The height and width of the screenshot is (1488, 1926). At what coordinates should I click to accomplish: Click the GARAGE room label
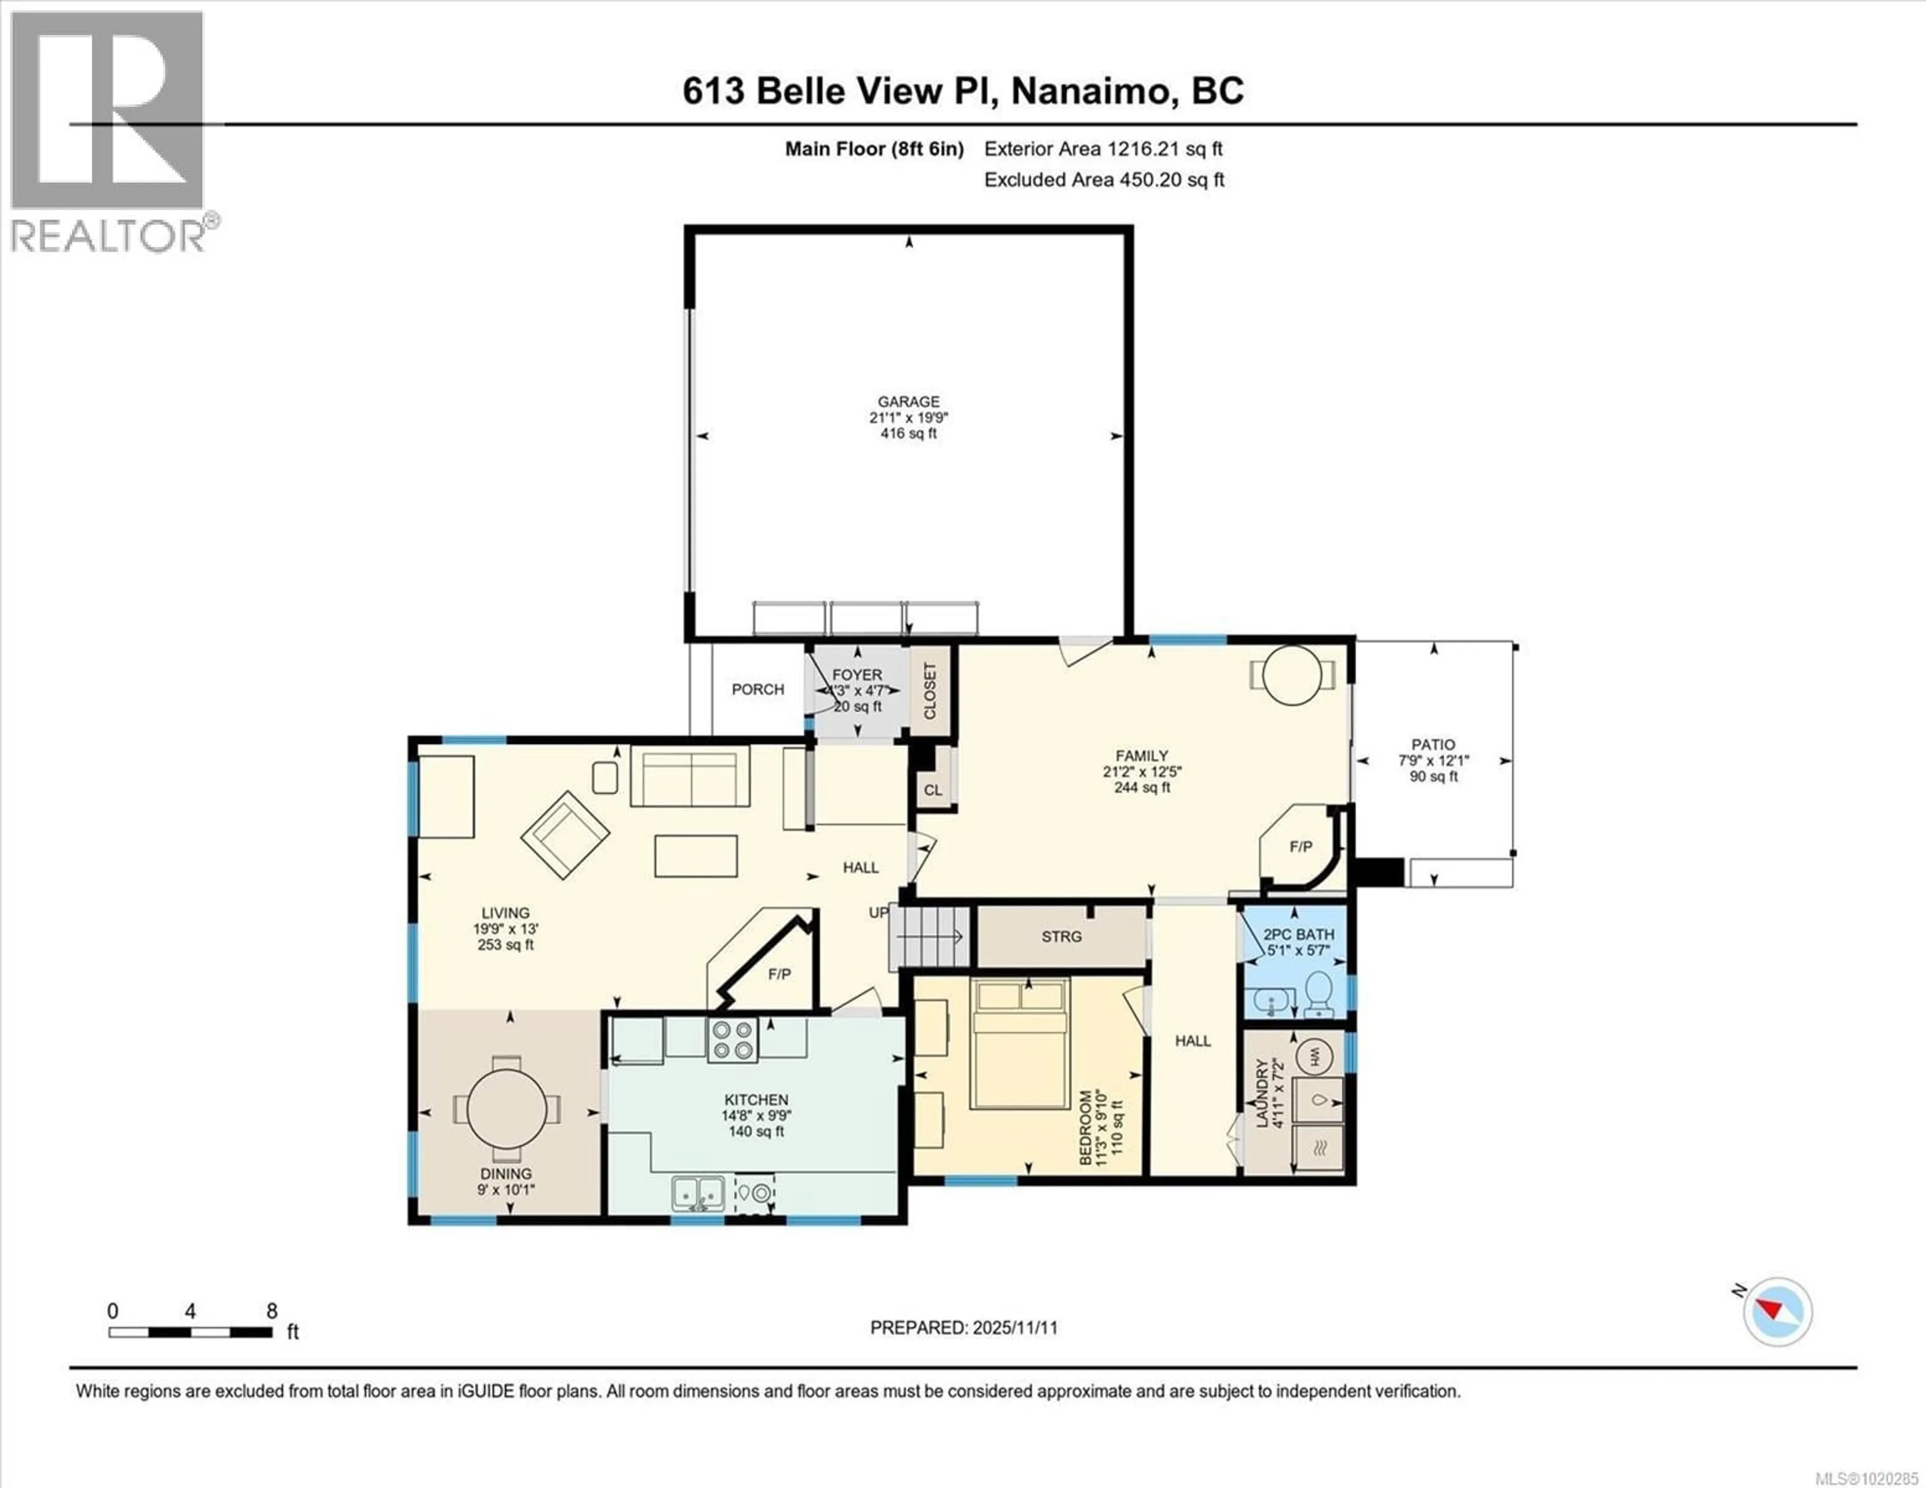pos(908,401)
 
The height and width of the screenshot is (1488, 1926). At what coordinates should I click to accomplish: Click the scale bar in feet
pos(191,1332)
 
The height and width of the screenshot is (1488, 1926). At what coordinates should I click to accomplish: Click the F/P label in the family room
pos(1301,847)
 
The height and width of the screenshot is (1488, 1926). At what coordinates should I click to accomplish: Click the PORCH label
pos(757,690)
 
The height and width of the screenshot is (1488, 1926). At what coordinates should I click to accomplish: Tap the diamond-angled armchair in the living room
pos(564,835)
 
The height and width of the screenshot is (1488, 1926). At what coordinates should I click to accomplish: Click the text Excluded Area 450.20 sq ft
pos(1103,180)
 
